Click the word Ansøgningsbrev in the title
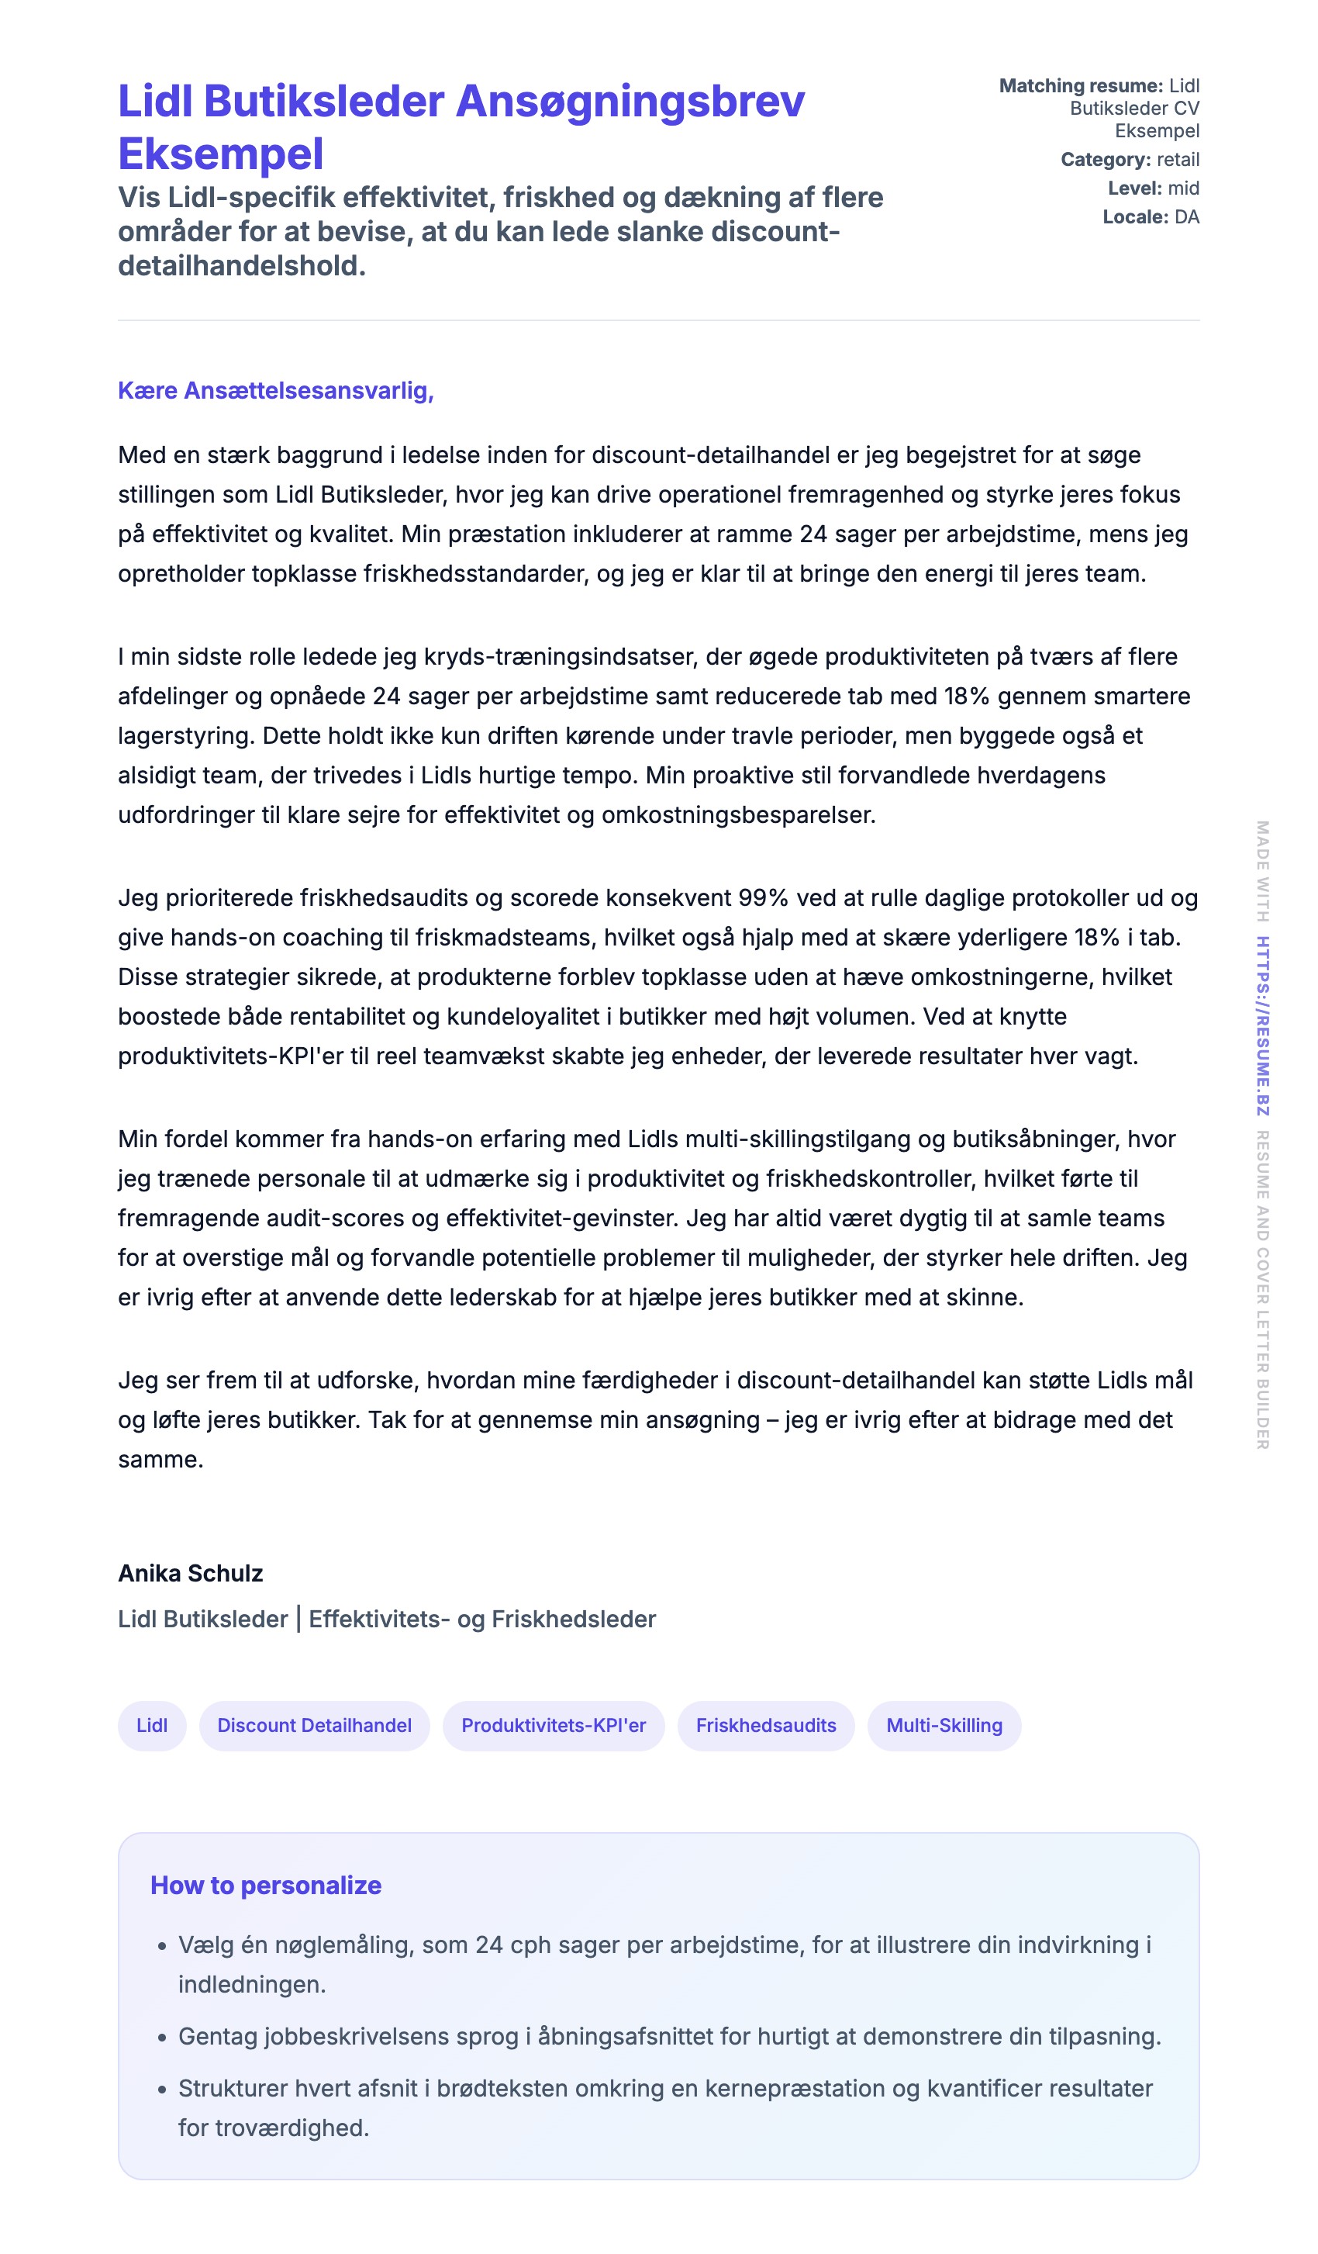(630, 102)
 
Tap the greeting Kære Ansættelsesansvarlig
(275, 391)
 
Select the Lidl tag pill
(152, 1725)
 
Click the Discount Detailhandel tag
(314, 1725)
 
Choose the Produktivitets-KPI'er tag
(553, 1725)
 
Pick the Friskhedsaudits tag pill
(765, 1725)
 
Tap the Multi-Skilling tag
(944, 1725)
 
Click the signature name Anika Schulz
(191, 1573)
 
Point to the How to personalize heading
(266, 1885)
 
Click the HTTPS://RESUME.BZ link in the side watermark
(1261, 1025)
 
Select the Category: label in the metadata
(1106, 160)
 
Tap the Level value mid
(1183, 188)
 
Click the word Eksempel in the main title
(221, 154)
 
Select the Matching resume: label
(1080, 86)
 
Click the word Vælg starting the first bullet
(205, 1945)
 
